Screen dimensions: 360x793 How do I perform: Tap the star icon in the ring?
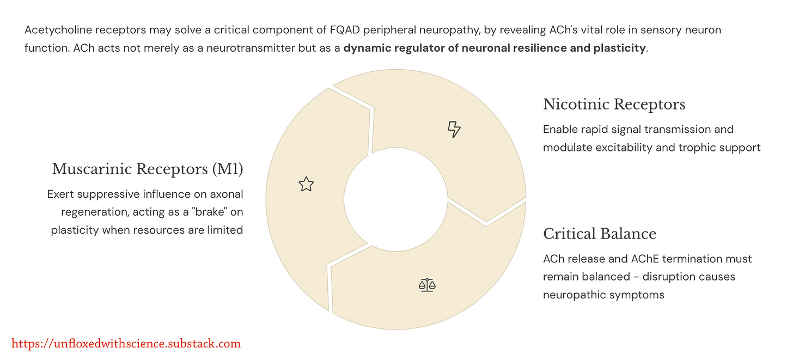tap(306, 185)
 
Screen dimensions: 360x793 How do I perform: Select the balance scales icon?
tap(428, 284)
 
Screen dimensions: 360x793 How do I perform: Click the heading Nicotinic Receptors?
tap(614, 104)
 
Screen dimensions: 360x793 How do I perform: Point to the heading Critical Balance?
tap(600, 234)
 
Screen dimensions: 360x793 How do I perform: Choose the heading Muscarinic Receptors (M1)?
tap(148, 169)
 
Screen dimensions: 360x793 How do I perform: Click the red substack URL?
tap(126, 344)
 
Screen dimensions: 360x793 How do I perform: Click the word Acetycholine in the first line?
tap(58, 30)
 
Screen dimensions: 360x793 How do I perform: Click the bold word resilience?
tap(539, 48)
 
